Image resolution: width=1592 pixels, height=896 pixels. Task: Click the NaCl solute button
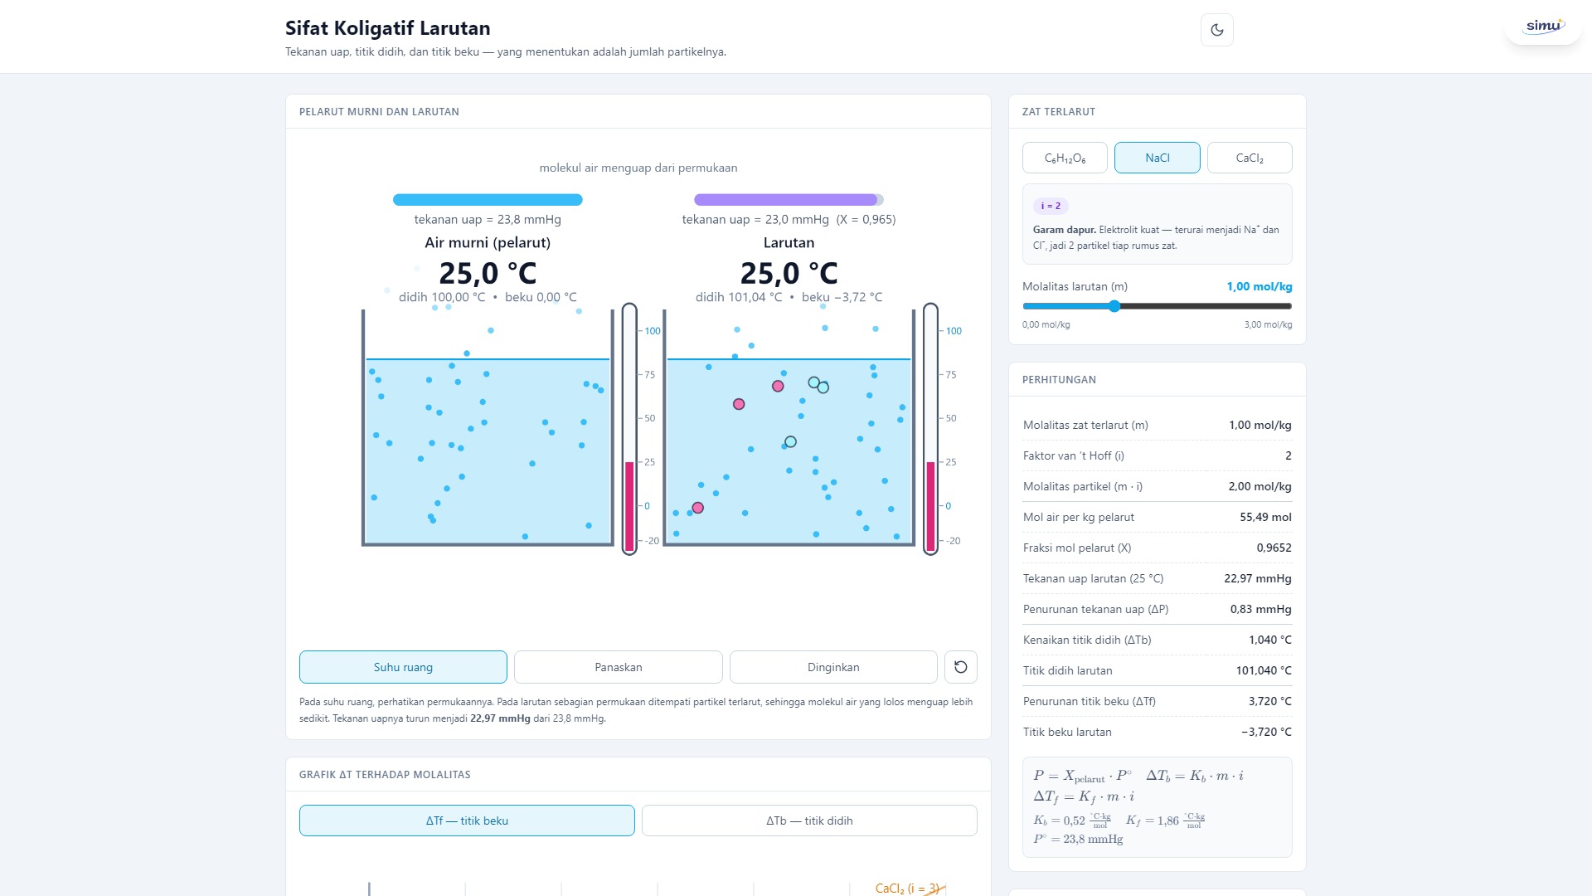click(1157, 158)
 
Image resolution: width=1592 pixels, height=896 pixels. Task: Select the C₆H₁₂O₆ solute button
click(1065, 158)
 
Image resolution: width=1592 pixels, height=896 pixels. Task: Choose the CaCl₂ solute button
click(1250, 158)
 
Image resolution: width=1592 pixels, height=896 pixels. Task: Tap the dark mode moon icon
click(1217, 30)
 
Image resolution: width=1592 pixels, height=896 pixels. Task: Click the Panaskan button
click(619, 667)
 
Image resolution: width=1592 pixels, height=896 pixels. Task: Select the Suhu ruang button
click(403, 667)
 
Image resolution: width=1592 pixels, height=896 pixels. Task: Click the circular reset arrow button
click(961, 667)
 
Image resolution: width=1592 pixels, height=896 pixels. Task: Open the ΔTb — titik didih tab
click(809, 821)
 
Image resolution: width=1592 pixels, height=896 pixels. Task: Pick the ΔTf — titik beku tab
click(467, 821)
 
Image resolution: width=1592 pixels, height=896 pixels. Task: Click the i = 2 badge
click(1051, 206)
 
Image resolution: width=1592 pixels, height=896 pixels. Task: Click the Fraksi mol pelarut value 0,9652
click(1274, 548)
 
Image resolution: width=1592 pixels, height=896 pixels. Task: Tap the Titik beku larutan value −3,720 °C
click(1266, 732)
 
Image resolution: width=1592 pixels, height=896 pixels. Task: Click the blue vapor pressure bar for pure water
click(488, 200)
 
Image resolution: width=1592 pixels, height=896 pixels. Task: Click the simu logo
click(1544, 26)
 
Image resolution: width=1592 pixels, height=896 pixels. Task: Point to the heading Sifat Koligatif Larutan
click(388, 28)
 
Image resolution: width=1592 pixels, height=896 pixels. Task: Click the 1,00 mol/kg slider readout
click(1260, 286)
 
